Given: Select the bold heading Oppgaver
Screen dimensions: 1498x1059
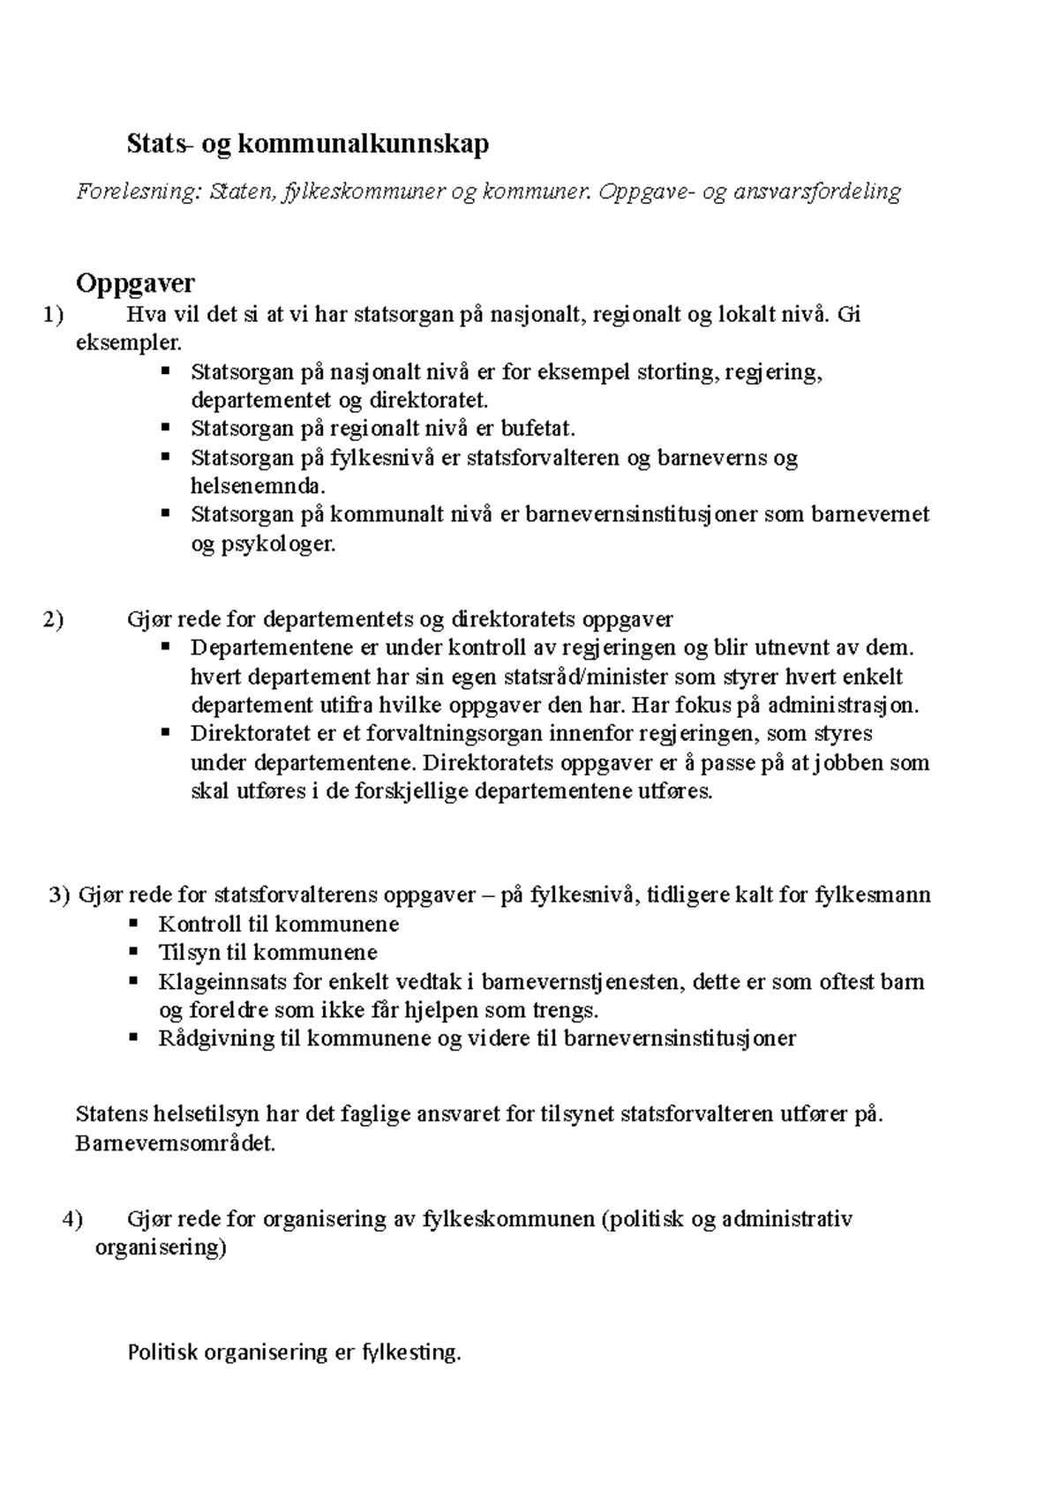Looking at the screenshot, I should pos(135,283).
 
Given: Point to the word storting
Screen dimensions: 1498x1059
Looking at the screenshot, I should pos(678,371).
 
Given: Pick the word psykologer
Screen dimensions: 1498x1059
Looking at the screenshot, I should pos(263,543).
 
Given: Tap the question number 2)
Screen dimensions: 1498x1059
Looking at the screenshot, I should pos(53,619).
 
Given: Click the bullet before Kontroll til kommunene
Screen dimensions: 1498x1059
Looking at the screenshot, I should pos(133,924).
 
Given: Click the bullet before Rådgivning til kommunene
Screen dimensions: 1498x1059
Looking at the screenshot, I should pos(133,1037).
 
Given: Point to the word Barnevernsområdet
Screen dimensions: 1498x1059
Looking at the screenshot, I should pos(176,1144).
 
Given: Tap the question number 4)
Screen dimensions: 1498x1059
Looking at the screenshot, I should pos(72,1219).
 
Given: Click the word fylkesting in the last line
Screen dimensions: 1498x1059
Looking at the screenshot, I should pos(411,1352).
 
